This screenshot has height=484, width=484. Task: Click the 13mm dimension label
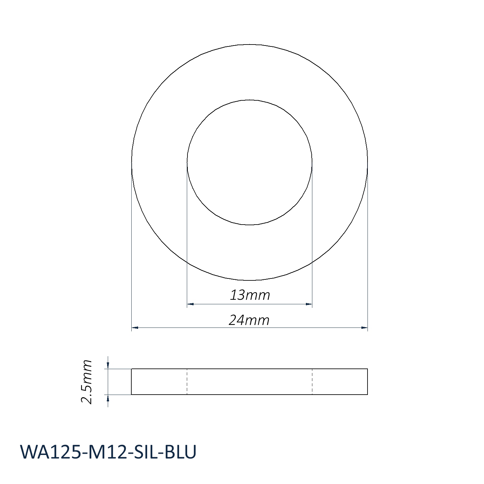point(250,295)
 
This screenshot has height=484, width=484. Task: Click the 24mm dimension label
point(249,320)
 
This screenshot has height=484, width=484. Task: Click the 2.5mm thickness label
point(87,382)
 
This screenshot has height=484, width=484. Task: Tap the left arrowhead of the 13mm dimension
point(190,304)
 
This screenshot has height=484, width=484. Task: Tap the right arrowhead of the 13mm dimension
point(309,304)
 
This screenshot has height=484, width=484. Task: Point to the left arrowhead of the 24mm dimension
point(135,328)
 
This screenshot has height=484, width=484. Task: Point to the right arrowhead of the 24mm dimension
point(364,328)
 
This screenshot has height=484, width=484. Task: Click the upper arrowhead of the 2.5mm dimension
point(108,365)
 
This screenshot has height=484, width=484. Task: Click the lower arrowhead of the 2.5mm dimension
point(108,398)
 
